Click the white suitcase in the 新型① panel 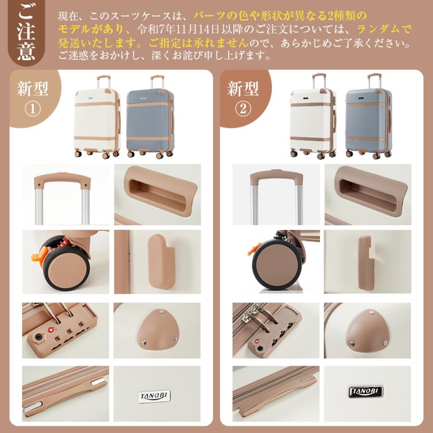(x=98, y=118)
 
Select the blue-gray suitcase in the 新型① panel (x=150, y=118)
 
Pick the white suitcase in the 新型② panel (x=311, y=117)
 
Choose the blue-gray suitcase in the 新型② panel (x=364, y=117)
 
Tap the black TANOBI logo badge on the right (x=363, y=389)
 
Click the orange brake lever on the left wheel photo (x=37, y=253)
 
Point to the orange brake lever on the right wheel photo (x=251, y=250)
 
